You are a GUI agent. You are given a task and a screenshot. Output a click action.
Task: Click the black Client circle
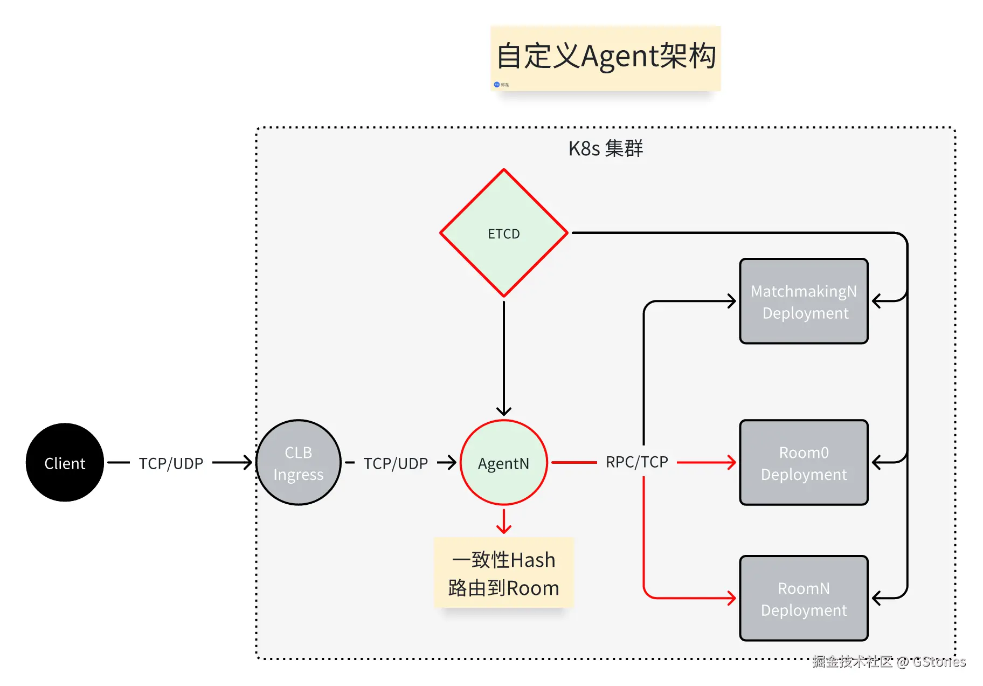[65, 462]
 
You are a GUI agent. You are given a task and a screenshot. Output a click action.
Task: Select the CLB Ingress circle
[298, 462]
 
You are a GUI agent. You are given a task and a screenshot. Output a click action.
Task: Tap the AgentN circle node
[503, 462]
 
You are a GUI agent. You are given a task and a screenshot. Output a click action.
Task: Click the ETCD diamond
[503, 233]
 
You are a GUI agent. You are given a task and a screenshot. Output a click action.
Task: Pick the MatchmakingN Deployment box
[804, 301]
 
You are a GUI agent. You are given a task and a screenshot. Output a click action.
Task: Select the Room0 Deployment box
[804, 462]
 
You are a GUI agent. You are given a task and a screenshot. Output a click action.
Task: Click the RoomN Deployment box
[804, 598]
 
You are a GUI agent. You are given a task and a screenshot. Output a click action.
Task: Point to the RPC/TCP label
[636, 462]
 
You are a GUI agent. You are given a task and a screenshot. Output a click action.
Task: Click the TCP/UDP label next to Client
[171, 463]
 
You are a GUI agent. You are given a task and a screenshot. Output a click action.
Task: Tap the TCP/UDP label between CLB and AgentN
[395, 463]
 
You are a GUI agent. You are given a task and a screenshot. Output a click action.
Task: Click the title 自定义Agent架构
[605, 57]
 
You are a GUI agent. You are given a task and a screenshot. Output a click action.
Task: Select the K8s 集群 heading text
[605, 148]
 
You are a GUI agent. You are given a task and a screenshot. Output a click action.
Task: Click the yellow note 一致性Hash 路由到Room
[503, 573]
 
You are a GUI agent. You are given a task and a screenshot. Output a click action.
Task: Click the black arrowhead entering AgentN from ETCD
[503, 411]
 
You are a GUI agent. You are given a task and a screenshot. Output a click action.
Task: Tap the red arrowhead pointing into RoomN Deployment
[732, 598]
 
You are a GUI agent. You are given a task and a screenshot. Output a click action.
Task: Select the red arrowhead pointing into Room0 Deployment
[732, 462]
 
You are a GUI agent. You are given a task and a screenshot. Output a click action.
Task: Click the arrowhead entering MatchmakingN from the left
[732, 301]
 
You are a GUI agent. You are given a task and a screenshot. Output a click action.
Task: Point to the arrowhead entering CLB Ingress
[247, 462]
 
